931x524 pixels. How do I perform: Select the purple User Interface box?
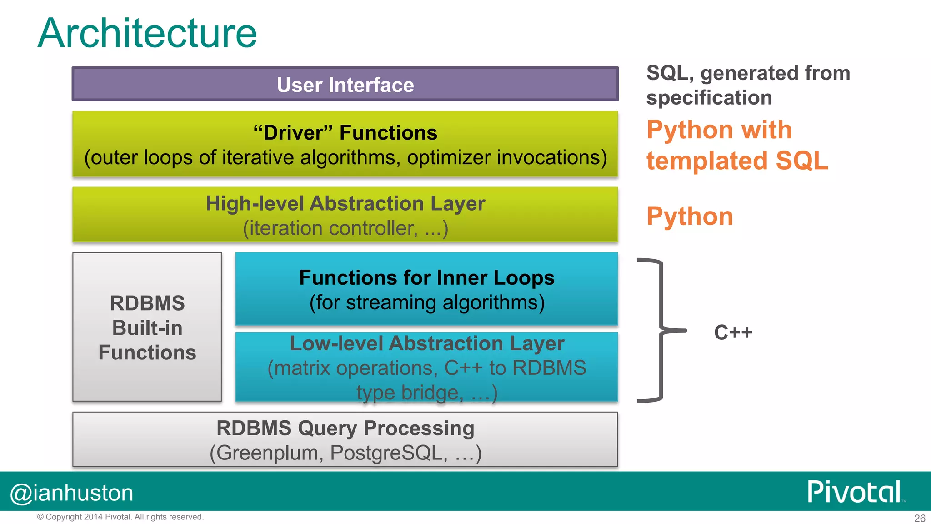click(x=345, y=85)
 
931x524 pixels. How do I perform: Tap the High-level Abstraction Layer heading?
click(x=345, y=203)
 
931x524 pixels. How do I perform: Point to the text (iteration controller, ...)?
click(x=345, y=228)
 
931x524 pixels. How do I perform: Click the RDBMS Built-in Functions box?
click(x=147, y=327)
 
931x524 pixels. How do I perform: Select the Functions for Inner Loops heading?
click(x=426, y=277)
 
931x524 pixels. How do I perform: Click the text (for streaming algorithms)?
click(x=426, y=302)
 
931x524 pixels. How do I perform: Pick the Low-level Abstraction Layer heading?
click(x=426, y=343)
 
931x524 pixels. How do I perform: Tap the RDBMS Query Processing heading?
click(x=345, y=428)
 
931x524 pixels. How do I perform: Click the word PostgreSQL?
click(x=389, y=453)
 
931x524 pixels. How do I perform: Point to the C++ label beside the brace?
click(x=733, y=332)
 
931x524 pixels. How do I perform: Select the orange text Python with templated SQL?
click(x=736, y=145)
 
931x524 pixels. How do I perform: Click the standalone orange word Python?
click(x=690, y=216)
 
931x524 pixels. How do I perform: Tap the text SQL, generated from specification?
click(x=748, y=85)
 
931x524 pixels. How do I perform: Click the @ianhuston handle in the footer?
click(x=72, y=493)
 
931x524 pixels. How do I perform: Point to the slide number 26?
click(x=920, y=518)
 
